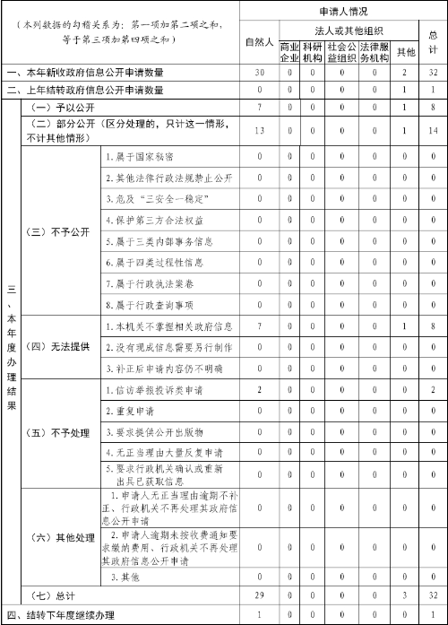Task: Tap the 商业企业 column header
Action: [289, 49]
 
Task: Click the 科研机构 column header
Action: [312, 49]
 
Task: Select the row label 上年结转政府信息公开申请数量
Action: [86, 90]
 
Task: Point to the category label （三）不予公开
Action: [59, 230]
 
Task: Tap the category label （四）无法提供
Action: [59, 347]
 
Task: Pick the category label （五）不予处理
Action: [59, 433]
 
